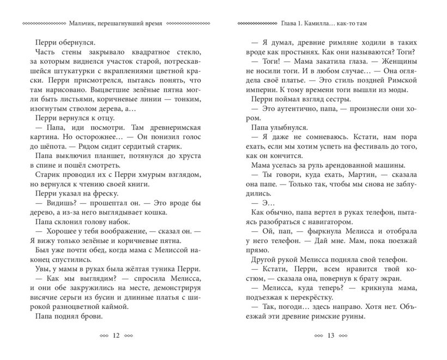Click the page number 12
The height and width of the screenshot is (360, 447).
tap(115, 336)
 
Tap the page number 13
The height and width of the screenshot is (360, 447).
tap(330, 336)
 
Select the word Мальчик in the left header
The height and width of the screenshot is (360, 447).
tap(83, 23)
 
